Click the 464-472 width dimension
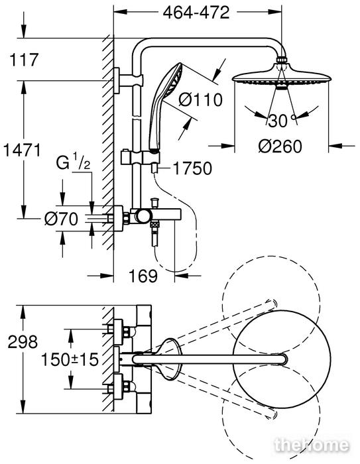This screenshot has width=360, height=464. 196,13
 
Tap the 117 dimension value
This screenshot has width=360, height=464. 24,60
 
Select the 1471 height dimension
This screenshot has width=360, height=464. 22,150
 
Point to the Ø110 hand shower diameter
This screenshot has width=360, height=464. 200,99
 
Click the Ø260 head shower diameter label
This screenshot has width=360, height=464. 280,146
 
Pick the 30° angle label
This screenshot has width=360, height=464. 282,121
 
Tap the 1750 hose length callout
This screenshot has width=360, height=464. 192,168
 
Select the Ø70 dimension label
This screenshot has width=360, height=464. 61,219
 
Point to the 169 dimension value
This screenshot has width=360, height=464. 143,276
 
